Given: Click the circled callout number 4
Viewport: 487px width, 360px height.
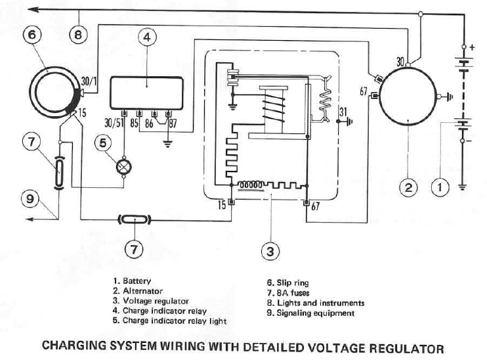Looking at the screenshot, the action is point(147,37).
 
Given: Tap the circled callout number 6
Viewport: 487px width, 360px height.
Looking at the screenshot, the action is point(32,35).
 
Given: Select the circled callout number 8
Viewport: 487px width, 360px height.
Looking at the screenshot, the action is point(78,35).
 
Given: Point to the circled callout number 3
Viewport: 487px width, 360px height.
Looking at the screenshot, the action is point(270,251).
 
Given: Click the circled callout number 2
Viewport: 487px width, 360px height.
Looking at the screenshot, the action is point(408,187).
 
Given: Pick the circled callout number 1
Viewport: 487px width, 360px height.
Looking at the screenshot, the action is point(440,187).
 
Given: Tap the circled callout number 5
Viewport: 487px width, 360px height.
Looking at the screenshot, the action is point(102,143).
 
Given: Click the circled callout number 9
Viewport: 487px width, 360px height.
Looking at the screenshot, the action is point(30,198).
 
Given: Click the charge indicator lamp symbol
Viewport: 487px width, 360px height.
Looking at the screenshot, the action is point(123,167).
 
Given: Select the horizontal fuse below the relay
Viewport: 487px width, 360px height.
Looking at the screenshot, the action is point(135,220).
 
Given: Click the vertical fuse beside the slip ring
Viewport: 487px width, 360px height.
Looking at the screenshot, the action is point(59,173).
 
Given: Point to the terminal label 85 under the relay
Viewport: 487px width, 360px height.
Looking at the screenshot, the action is point(134,123).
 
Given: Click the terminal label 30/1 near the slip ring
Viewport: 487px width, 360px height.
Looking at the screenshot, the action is point(89,81).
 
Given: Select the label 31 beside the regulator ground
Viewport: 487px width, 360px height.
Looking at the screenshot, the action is point(343,112).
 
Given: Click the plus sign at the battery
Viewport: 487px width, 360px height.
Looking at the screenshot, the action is point(472,47).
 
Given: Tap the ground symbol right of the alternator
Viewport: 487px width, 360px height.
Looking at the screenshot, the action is point(449,97).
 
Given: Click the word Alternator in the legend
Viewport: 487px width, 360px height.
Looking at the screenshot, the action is point(142,291).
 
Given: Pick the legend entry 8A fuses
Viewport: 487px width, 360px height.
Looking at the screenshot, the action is point(288,293).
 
